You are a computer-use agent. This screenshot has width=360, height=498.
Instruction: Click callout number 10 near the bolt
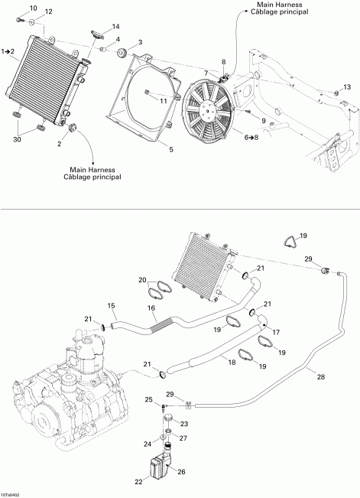click(x=32, y=8)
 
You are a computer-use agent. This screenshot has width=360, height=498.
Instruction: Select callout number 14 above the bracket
click(x=115, y=27)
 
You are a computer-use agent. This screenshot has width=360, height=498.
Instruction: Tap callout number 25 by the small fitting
click(x=149, y=400)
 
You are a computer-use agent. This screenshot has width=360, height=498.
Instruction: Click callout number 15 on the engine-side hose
click(x=111, y=307)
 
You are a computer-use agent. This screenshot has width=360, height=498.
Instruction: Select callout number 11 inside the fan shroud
click(x=163, y=100)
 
